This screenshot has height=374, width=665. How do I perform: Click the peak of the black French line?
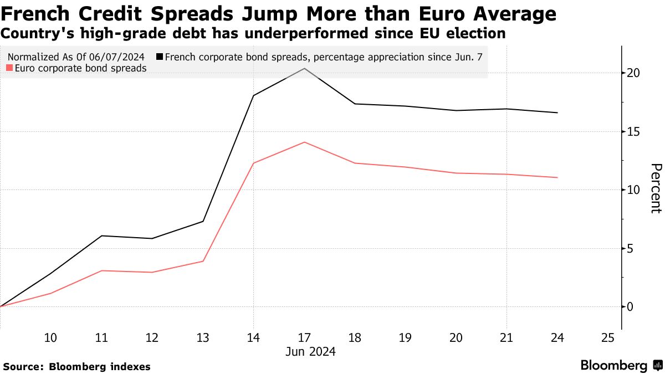click(304, 68)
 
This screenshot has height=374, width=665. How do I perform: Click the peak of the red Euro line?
click(304, 142)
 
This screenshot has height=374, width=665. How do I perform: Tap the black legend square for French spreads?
click(160, 57)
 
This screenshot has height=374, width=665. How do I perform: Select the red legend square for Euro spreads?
click(9, 69)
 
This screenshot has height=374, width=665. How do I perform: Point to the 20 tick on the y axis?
click(634, 73)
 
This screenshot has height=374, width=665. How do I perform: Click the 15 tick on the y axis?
click(634, 131)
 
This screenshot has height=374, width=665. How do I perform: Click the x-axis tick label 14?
click(253, 338)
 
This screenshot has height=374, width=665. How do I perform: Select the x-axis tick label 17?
click(304, 338)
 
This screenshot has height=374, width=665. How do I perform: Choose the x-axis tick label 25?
click(608, 338)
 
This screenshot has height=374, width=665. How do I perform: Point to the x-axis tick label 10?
click(50, 338)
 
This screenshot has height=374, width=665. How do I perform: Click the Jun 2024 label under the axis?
click(310, 351)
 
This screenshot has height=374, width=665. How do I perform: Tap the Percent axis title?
click(656, 188)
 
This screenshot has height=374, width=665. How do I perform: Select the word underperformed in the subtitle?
click(310, 33)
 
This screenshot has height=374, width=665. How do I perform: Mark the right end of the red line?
click(557, 177)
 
